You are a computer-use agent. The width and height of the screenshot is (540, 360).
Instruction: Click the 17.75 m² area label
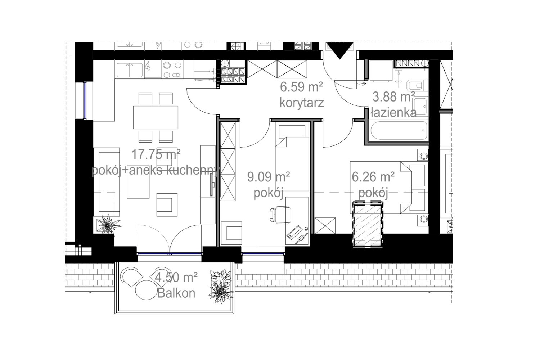[x=156, y=154]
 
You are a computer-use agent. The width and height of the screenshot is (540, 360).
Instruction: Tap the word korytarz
[x=302, y=103]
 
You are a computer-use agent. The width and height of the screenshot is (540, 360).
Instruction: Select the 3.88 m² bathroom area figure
[x=393, y=97]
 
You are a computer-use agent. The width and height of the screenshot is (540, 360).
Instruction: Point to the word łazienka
[x=393, y=112]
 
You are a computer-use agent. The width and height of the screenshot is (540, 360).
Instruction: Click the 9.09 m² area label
[x=268, y=177]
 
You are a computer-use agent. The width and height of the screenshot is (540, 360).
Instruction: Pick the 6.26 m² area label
[x=373, y=177]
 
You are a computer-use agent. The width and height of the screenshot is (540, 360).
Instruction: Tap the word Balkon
[x=176, y=293]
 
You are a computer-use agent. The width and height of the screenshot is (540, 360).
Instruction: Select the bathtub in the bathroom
[x=399, y=130]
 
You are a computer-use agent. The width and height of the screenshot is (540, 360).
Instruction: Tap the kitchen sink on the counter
[x=130, y=70]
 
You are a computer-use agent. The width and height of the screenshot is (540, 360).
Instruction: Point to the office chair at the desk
[x=280, y=215]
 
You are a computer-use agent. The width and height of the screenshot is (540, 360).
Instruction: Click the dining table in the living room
[x=156, y=117]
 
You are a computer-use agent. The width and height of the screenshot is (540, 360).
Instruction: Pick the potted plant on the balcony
[x=220, y=287]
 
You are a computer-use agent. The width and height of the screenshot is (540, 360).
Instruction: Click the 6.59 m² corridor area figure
[x=301, y=87]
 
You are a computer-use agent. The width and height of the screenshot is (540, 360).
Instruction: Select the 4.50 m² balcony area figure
[x=176, y=277]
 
